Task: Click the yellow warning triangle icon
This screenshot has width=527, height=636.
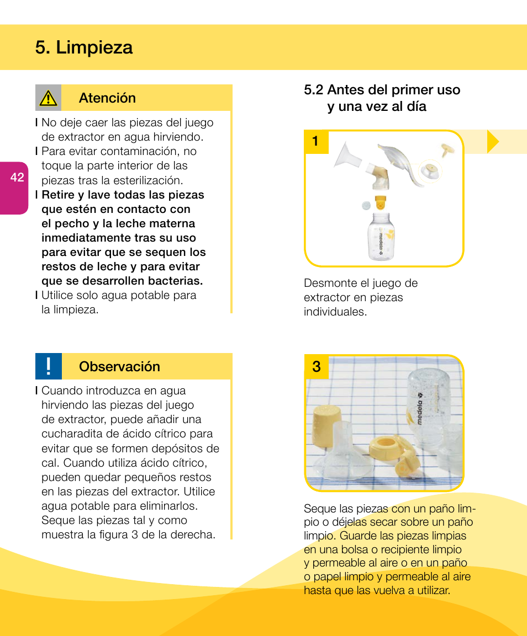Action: (48, 98)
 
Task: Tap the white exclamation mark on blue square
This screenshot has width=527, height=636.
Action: (49, 367)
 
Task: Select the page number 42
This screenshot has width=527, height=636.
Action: (17, 177)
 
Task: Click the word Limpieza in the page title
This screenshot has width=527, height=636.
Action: (94, 47)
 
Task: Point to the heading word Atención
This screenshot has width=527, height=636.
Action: (107, 98)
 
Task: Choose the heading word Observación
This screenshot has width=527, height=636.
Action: (119, 367)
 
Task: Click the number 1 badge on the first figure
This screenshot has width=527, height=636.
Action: (315, 142)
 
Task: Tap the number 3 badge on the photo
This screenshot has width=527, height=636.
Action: (317, 367)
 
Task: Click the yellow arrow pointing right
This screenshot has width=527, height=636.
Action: (492, 142)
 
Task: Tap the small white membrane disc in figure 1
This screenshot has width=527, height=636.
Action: (365, 206)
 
